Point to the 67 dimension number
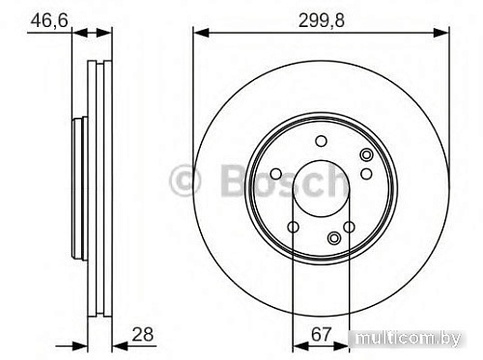[x=321, y=335]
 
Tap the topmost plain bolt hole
[x=321, y=142]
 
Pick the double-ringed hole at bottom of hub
[x=334, y=238]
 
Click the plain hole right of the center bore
[x=365, y=174]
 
